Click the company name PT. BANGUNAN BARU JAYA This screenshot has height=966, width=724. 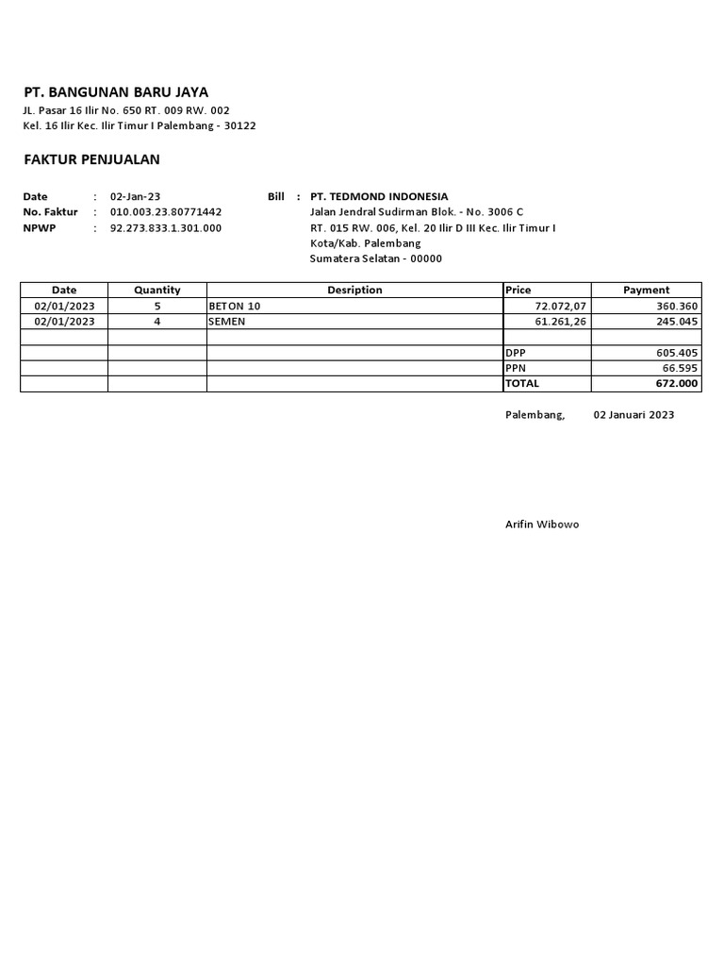(116, 92)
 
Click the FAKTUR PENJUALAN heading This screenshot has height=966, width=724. (91, 159)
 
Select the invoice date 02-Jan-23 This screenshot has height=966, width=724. (136, 196)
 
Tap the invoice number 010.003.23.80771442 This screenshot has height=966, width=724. (166, 212)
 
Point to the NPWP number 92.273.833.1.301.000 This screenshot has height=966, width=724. (166, 228)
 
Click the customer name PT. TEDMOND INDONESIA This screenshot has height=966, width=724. (379, 196)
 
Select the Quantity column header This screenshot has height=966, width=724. (156, 291)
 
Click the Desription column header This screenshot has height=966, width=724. (354, 291)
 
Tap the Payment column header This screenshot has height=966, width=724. (646, 291)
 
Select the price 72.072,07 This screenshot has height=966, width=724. (560, 307)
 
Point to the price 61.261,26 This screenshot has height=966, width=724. (560, 322)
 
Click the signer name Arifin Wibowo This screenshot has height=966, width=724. (542, 525)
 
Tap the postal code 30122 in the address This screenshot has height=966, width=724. (239, 125)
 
